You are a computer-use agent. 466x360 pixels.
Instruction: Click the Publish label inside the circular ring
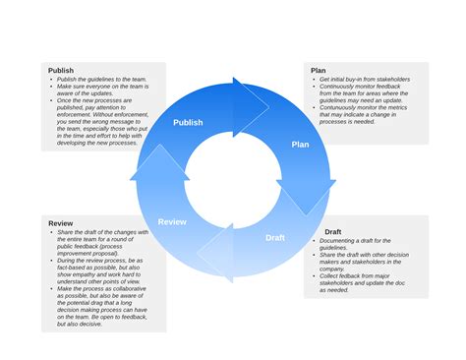188,123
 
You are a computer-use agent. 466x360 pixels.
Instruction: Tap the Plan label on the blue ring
301,145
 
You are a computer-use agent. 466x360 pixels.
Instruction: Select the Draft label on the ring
275,237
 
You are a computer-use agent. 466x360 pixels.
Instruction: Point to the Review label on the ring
172,221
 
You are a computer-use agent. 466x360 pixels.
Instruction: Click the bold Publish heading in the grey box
61,71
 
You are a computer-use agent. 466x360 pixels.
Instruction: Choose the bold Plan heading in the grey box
319,70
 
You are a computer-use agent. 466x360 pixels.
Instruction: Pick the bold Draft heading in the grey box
333,231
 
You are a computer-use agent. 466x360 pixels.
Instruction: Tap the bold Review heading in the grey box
61,223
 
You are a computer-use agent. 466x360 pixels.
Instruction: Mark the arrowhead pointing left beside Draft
215,254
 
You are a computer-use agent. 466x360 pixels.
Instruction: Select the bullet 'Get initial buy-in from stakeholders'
364,79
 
